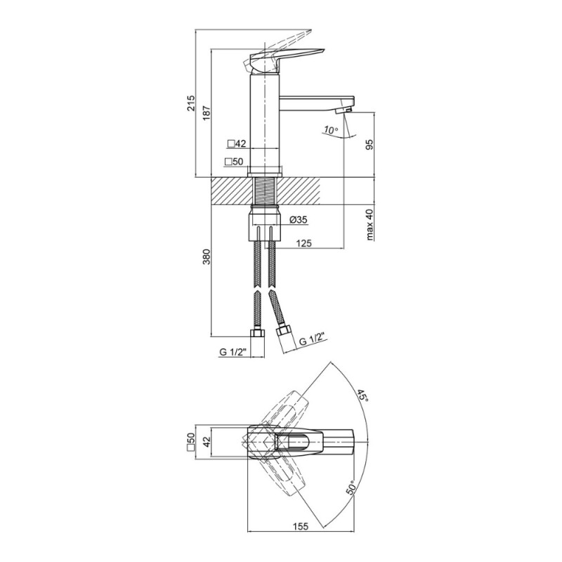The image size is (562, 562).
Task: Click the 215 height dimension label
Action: click(x=190, y=103)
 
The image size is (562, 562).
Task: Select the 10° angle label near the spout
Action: click(x=330, y=130)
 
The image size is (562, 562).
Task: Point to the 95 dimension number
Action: click(x=370, y=144)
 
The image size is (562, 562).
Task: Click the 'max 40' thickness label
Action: click(x=370, y=224)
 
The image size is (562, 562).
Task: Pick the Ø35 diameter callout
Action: click(x=298, y=220)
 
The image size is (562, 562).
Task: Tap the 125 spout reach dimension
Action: click(x=304, y=243)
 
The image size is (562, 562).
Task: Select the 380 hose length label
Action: click(x=207, y=256)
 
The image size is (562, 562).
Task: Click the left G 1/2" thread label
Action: click(x=234, y=352)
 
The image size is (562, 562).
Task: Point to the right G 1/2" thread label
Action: click(x=311, y=339)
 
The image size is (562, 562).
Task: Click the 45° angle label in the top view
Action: click(x=362, y=396)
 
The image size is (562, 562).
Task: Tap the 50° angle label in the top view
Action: click(x=351, y=488)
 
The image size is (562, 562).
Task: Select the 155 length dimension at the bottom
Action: click(x=301, y=526)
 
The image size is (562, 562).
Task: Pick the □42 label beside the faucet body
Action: click(x=237, y=144)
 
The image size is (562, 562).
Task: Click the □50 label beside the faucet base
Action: click(x=234, y=162)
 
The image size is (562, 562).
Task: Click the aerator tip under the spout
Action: click(x=343, y=111)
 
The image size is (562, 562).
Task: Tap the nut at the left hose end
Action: click(x=257, y=333)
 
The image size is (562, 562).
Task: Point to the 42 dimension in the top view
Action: click(x=207, y=443)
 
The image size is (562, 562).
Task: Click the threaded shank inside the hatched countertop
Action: click(x=266, y=191)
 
